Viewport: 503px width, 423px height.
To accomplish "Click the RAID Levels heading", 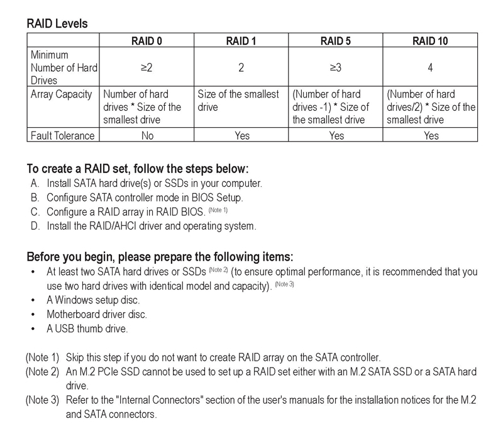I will click(57, 24).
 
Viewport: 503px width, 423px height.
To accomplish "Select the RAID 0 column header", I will click(146, 42).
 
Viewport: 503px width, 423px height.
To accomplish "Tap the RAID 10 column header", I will click(431, 42).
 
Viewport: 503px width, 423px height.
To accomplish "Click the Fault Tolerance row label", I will click(63, 135).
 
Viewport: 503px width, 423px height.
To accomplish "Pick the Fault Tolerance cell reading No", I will click(146, 135).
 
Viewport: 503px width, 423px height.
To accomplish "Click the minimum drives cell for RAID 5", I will click(336, 67).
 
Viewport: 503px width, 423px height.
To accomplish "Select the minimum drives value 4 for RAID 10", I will click(431, 67).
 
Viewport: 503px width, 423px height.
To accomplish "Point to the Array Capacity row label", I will click(62, 94).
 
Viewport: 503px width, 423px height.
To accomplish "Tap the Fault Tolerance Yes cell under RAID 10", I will click(431, 135).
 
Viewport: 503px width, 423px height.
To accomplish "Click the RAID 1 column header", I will click(241, 42).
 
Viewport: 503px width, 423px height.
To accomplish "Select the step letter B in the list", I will click(34, 198).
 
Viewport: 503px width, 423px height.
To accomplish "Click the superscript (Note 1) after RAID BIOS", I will click(218, 210).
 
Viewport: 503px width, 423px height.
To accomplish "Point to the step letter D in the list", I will click(34, 225).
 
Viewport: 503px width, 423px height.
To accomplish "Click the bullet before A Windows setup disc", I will click(33, 300).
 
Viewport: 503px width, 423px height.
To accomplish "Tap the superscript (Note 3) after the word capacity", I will click(284, 285).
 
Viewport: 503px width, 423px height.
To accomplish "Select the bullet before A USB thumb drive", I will click(33, 329).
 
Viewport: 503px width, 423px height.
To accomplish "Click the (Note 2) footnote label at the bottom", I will click(42, 372).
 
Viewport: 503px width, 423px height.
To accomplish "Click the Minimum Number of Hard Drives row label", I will click(64, 67).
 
